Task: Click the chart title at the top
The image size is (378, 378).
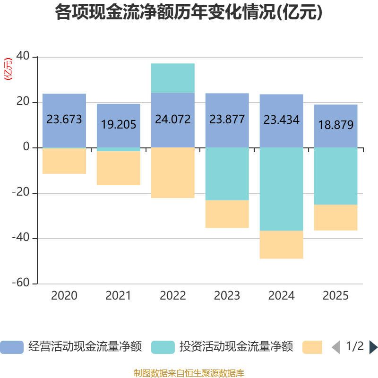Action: pos(189,12)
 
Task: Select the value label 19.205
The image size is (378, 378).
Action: pos(119,124)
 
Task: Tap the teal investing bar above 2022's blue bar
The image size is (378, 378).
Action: pos(173,78)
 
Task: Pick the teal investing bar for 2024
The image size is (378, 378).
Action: pos(282,189)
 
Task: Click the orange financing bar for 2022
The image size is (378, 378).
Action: pos(173,173)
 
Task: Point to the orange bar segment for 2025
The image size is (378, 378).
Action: pos(336,217)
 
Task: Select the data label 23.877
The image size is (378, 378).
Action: pos(227,120)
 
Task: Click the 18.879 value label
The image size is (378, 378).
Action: pos(336,125)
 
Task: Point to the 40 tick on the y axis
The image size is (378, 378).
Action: pos(23,57)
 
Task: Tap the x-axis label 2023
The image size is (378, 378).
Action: pos(227,296)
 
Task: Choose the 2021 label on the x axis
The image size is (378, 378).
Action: pos(119,296)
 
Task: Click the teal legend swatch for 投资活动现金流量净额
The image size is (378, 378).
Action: pos(163,347)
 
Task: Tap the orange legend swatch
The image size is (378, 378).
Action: pos(312,347)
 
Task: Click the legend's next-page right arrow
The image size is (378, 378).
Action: pos(373,347)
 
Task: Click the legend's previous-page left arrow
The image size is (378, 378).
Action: pos(335,347)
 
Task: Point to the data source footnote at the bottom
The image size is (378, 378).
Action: pos(189,373)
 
